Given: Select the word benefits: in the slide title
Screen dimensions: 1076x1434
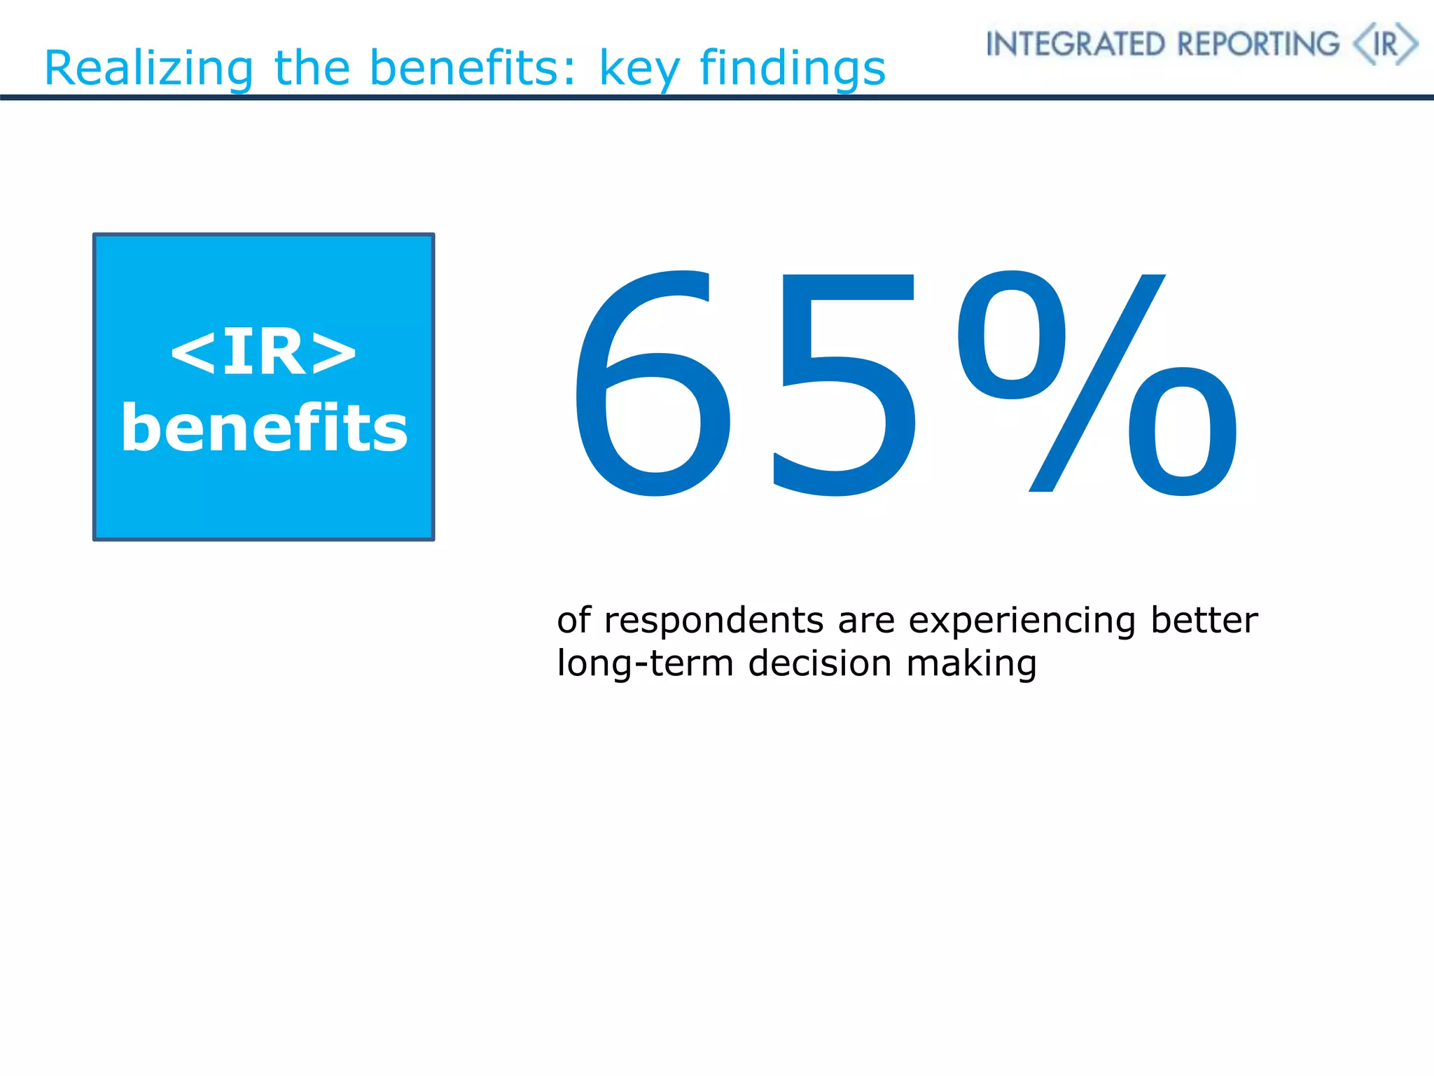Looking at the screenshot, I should coord(473,69).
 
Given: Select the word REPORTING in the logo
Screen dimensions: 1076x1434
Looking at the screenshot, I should coord(1258,44).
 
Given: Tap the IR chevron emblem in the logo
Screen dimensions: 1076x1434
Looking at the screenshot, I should coord(1385,44).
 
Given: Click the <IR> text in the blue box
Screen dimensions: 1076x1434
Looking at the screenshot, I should coord(263,352).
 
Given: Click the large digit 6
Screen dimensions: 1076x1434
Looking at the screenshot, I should coord(653,384).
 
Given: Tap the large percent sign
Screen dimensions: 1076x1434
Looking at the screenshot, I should coord(1097,384).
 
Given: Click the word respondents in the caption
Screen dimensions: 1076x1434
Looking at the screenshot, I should coord(713,621).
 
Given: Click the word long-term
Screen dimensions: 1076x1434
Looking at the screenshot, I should coord(645,663).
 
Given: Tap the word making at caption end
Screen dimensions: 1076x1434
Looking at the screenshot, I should coord(971,664).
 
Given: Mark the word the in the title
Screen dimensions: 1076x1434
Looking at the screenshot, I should coord(312,69).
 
